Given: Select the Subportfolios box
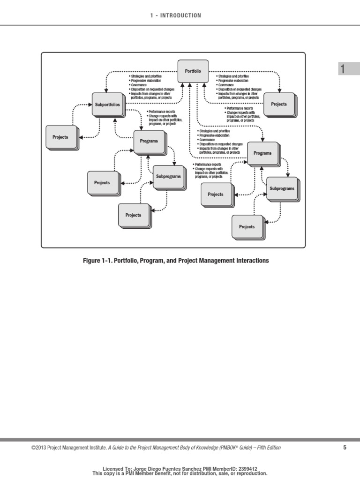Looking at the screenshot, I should pos(107,104).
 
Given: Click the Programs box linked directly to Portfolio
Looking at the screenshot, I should pos(262,153).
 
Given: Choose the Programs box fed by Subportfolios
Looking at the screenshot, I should pos(149,141).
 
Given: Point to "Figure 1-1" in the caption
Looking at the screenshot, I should pos(98,261).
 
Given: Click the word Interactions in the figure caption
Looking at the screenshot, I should pos(251,261).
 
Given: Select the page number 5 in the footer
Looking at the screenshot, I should pos(345,448).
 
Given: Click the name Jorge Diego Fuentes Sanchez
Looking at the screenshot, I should pos(172,468).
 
